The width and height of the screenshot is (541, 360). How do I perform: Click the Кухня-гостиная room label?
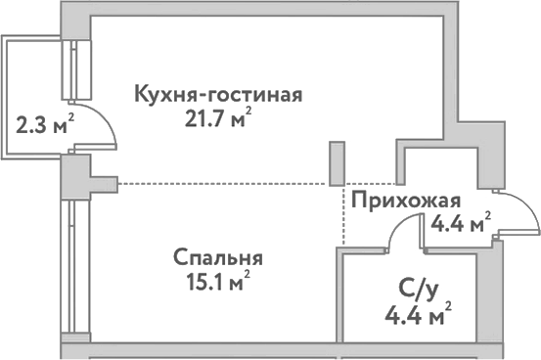point(218,95)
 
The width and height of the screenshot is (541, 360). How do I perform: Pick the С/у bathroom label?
point(419,290)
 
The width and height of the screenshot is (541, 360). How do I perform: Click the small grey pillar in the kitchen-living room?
point(338,163)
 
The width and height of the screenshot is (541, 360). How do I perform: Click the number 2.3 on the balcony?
point(33,125)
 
